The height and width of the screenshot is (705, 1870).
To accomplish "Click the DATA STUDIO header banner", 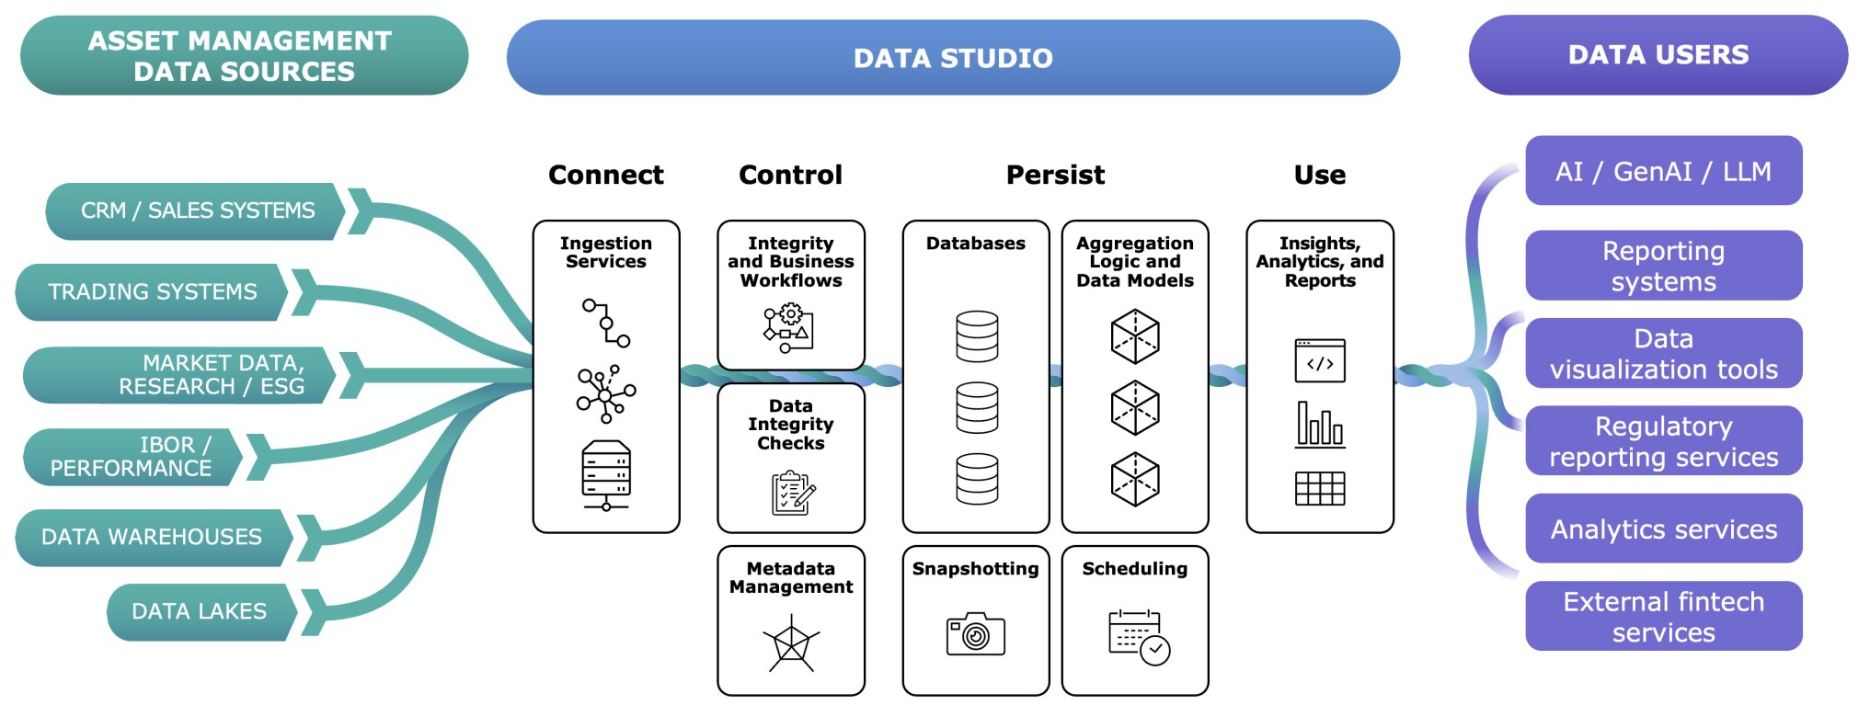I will [953, 58].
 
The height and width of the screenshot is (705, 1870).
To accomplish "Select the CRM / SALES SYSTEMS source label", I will [197, 210].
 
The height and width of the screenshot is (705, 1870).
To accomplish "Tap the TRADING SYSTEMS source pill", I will [152, 291].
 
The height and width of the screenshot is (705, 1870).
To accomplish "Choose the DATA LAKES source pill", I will [200, 611].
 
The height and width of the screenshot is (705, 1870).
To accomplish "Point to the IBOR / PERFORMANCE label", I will [131, 456].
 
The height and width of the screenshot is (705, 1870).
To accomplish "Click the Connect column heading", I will [605, 175].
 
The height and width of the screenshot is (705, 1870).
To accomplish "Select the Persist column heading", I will [1055, 175].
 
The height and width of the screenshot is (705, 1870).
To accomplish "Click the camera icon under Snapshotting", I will [976, 634].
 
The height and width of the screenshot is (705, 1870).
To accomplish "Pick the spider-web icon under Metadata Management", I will [791, 643].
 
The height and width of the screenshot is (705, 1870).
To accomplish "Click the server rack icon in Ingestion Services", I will [606, 474].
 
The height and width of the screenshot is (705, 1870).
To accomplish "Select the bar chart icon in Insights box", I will [1320, 425].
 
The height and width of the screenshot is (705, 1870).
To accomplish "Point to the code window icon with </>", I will [1320, 361].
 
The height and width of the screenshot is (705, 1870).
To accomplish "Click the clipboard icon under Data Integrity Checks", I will [792, 494].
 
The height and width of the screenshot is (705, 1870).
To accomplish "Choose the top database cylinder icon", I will [977, 336].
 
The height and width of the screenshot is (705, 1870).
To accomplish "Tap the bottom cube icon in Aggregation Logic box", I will [1135, 479].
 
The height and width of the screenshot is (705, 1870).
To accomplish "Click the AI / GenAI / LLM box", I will [1663, 171].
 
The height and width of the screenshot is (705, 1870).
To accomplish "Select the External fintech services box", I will [1663, 616].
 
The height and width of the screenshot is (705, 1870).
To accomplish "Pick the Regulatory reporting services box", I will [1663, 441].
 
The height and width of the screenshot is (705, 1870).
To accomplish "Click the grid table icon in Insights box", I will [1320, 488].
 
